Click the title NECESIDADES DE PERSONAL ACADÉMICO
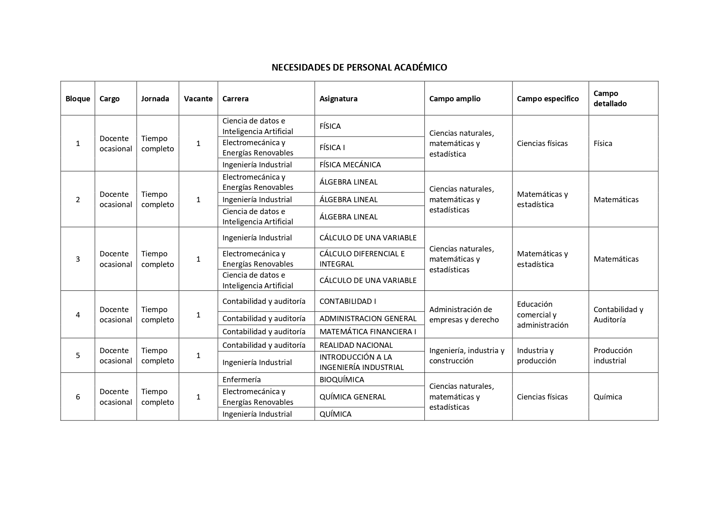coord(359,67)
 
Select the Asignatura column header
coord(338,98)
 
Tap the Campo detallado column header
coord(610,98)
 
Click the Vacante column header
coord(198,98)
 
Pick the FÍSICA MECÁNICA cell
coord(350,164)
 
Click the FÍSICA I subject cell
coord(332,147)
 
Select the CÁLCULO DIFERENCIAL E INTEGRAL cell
coord(362,259)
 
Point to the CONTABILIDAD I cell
coord(348,301)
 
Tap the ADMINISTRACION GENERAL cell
coord(368,318)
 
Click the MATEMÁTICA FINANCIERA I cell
coord(368,331)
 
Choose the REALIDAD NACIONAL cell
coord(356,345)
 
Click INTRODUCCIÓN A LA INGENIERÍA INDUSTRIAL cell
coord(362,362)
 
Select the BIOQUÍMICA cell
coord(342,379)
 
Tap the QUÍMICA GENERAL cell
coord(353,397)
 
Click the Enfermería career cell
coord(242,379)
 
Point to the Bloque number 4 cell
coord(78,315)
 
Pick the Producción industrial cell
coord(613,356)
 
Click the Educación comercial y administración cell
coord(542,315)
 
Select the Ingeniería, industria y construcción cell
coord(467,356)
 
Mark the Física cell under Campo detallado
coord(603,143)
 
